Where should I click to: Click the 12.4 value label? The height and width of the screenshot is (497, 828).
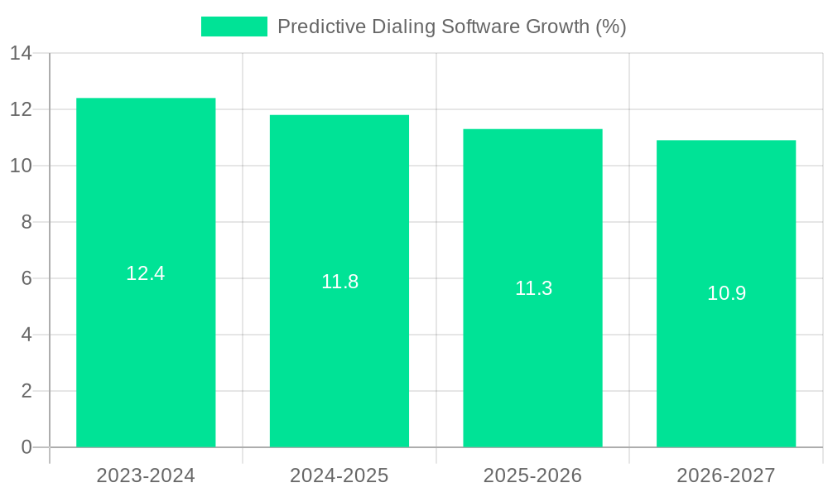146,273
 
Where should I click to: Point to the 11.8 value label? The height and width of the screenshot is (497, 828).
339,282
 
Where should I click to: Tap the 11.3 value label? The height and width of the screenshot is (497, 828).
533,288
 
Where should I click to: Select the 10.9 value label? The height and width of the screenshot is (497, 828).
726,293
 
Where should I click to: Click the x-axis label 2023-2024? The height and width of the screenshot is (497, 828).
146,475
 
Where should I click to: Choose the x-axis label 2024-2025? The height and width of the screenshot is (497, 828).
339,475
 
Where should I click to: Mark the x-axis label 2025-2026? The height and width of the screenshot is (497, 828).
532,475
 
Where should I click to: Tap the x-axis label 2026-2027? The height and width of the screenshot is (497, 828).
726,475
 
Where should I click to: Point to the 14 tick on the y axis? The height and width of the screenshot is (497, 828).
21,54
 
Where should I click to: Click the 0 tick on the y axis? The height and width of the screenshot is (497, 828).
26,447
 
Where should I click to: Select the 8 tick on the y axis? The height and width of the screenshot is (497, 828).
26,222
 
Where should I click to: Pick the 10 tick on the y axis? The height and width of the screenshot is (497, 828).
21,166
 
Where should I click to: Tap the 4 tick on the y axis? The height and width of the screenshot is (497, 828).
26,335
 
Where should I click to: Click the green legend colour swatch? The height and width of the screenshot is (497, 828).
234,27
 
